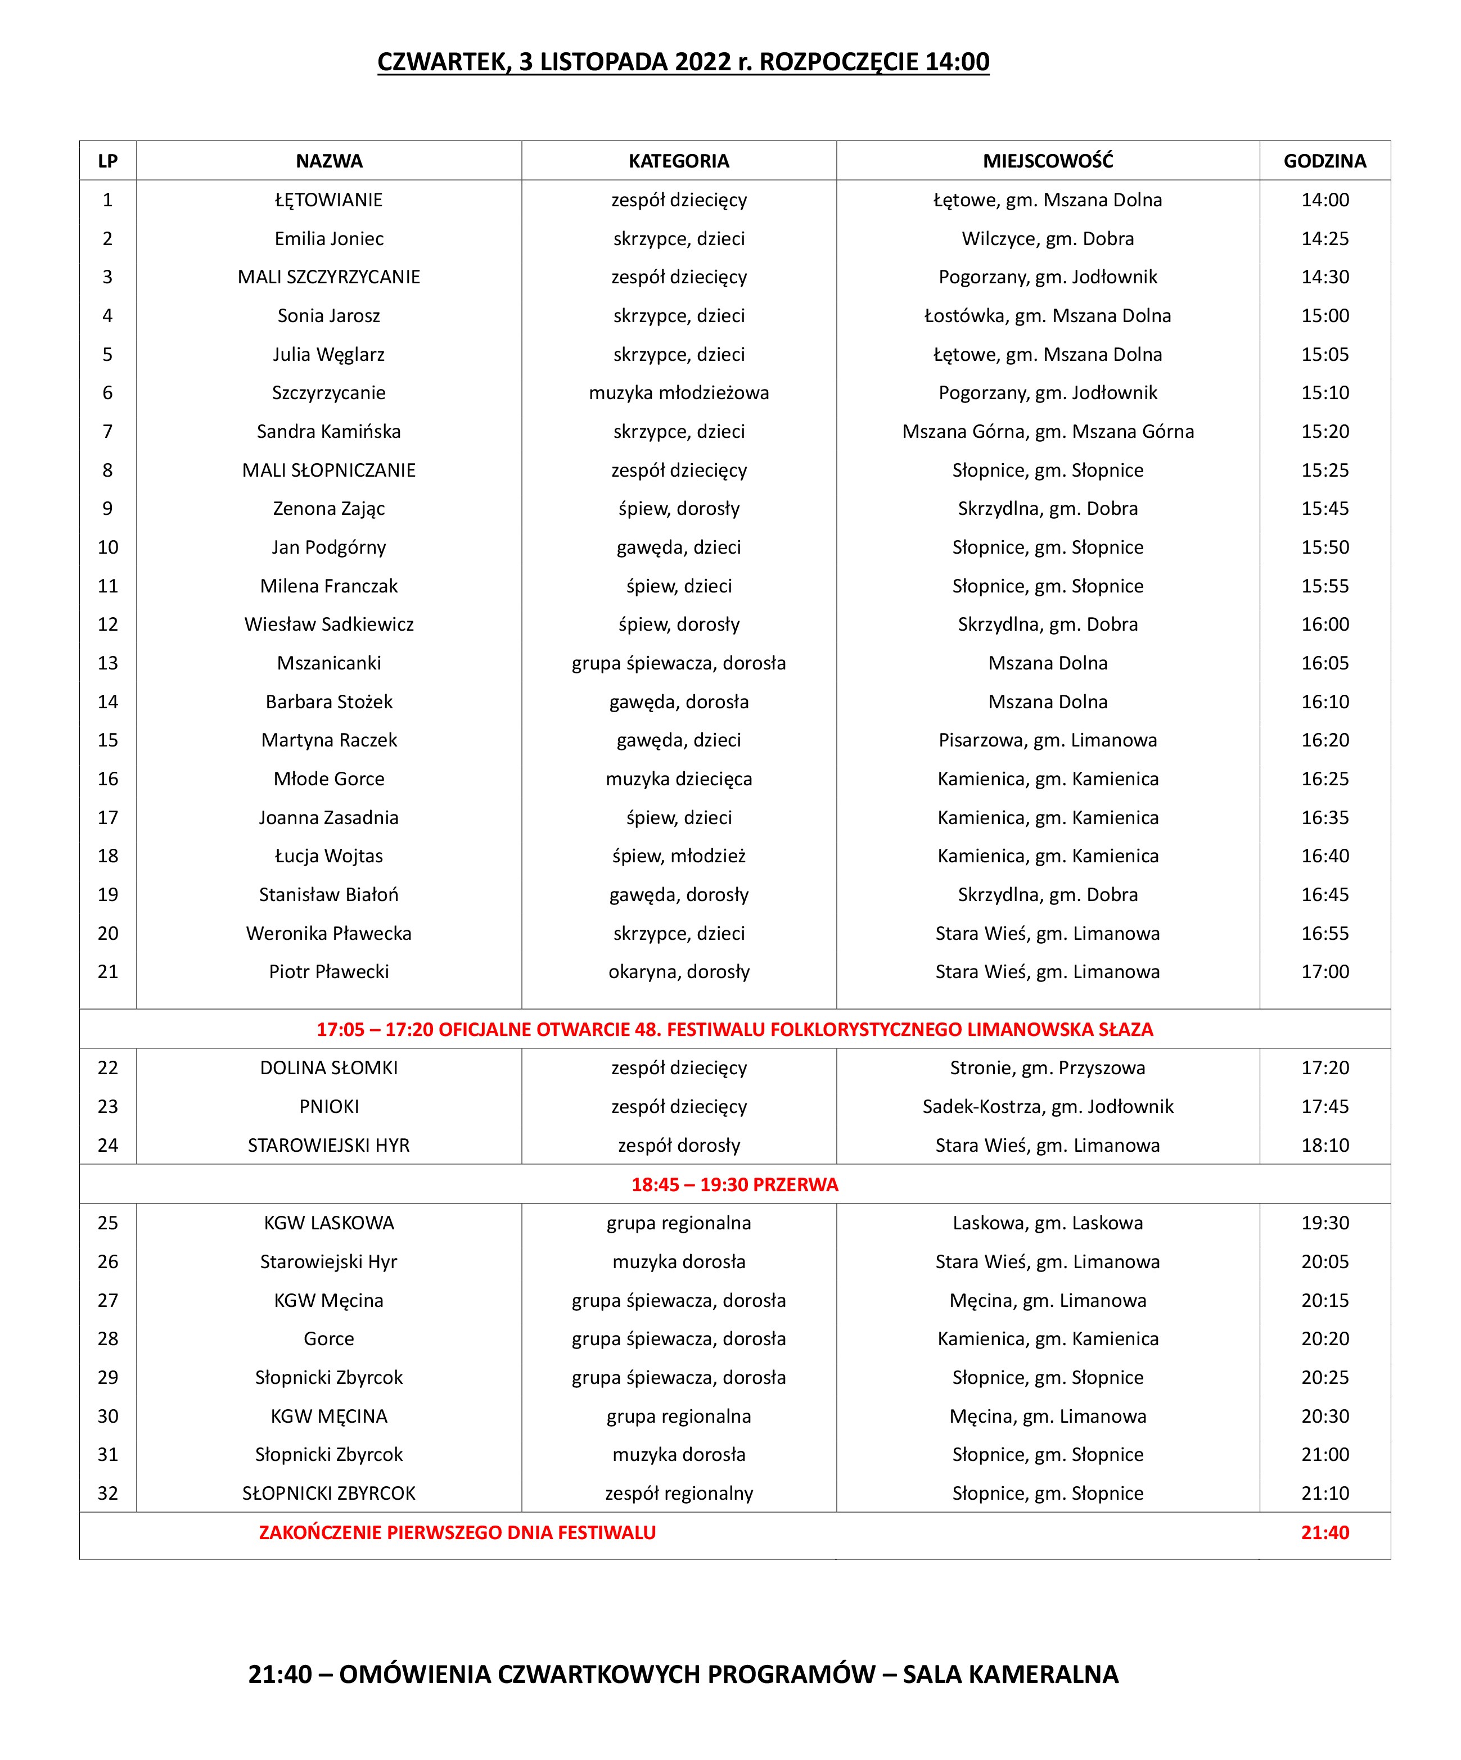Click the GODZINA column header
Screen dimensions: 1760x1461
click(x=1324, y=161)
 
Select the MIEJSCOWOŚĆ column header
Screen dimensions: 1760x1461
click(x=1048, y=161)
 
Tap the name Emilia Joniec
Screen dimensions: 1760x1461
click(x=328, y=239)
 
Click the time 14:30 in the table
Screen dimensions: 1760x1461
click(x=1324, y=278)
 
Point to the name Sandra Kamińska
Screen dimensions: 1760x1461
click(x=328, y=432)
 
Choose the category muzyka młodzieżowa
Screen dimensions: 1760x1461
click(x=678, y=393)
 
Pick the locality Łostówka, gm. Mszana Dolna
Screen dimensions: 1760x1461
click(x=1047, y=316)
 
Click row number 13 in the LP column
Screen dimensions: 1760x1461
click(x=108, y=663)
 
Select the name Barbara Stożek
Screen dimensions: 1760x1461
click(x=328, y=702)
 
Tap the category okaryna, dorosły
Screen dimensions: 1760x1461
click(x=678, y=972)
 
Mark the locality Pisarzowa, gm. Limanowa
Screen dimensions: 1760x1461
click(x=1047, y=740)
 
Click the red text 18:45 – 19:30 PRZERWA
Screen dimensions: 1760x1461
click(x=734, y=1184)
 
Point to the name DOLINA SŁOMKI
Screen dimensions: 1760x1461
click(x=328, y=1067)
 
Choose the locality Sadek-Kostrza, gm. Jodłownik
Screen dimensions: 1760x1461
click(x=1047, y=1106)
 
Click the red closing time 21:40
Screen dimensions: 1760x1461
click(x=1324, y=1533)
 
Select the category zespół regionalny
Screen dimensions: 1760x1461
click(x=678, y=1494)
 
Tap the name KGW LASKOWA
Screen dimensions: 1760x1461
click(x=328, y=1223)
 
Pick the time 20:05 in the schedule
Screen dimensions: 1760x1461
click(x=1324, y=1261)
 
